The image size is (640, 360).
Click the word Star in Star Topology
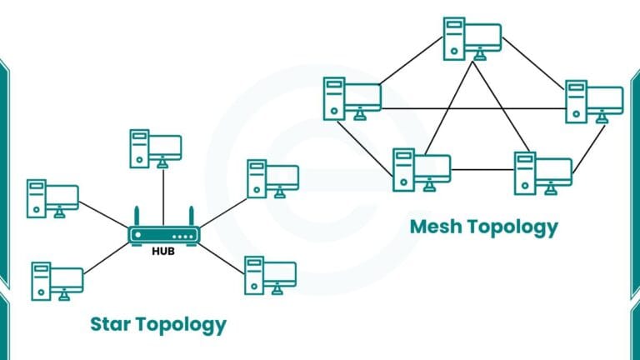coord(115,323)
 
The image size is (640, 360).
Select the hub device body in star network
coord(163,235)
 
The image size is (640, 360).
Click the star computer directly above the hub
coord(155,148)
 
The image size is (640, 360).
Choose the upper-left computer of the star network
coord(52,198)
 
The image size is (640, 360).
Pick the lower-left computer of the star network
coord(57,281)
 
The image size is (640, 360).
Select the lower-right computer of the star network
coord(269,276)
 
